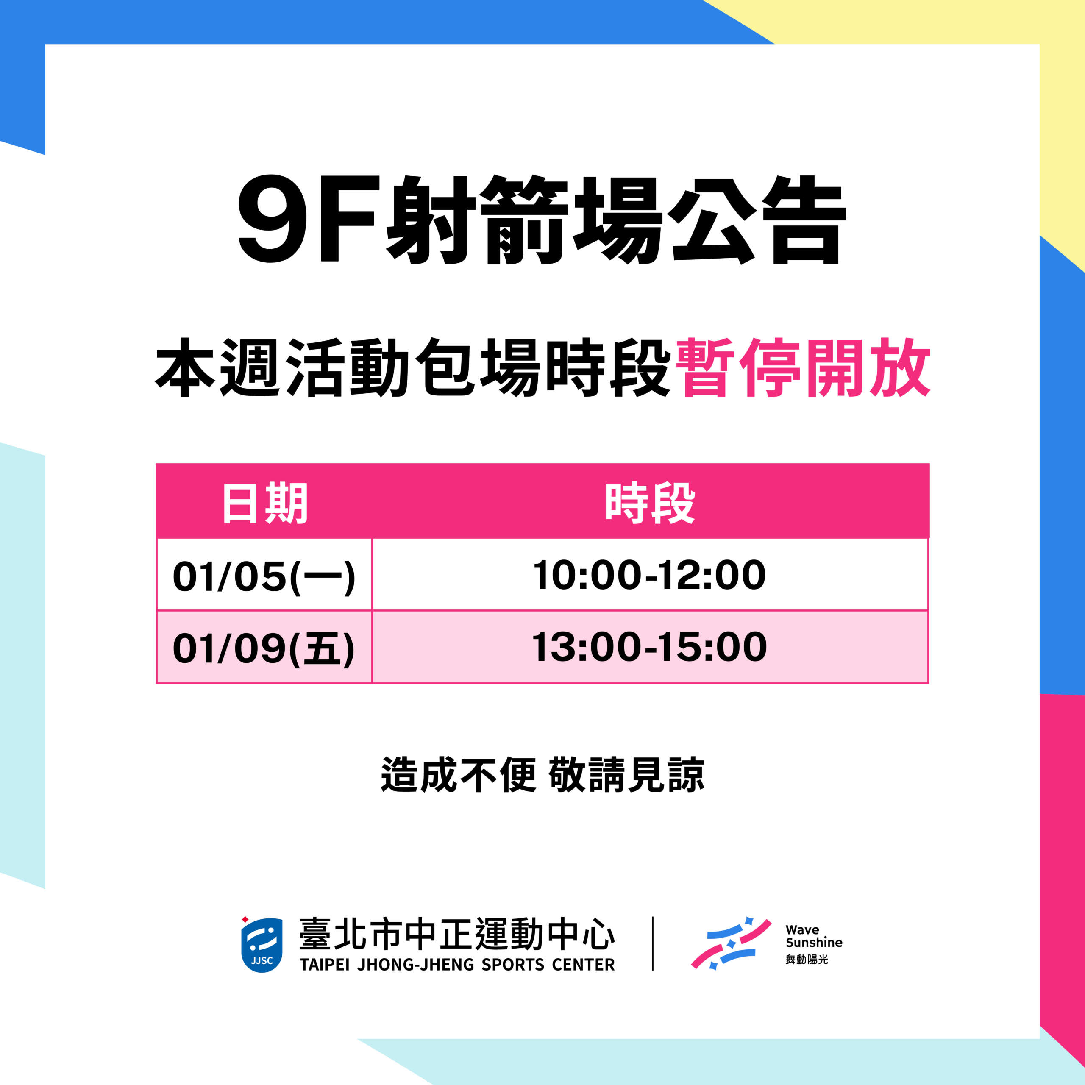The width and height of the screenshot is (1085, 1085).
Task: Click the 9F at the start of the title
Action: pos(306,219)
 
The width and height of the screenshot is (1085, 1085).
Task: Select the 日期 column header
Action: pos(264,503)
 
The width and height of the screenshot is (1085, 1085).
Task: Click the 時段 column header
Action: pos(650,503)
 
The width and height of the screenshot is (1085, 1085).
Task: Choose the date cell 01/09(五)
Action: pos(264,648)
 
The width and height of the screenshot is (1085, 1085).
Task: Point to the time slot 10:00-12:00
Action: pos(649,575)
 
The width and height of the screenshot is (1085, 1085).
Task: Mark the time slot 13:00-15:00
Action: pos(649,647)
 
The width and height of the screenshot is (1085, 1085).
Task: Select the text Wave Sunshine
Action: pos(814,936)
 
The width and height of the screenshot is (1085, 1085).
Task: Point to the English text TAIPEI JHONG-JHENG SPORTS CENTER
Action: pos(457,965)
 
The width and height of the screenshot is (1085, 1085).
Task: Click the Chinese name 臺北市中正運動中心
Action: pos(457,935)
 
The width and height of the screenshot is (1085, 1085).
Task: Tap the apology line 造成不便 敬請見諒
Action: pos(542,775)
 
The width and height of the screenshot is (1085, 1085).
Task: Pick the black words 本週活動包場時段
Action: pos(413,368)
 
